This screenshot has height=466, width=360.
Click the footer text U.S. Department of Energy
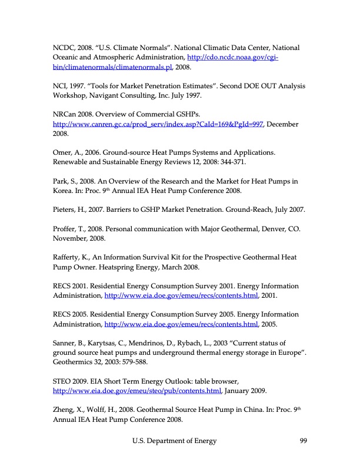coord(174,441)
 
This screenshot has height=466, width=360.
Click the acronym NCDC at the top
coord(64,48)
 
